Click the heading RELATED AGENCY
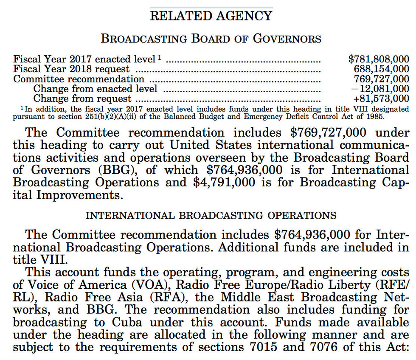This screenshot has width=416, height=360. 211,16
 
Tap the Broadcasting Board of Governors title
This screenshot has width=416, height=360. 211,39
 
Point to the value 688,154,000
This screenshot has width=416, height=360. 382,69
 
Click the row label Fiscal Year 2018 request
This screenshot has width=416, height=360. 72,69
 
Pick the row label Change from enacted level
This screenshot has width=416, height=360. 95,89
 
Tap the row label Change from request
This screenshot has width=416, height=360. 82,98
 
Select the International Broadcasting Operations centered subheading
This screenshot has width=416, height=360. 211,216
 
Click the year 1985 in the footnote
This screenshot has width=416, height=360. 375,116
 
